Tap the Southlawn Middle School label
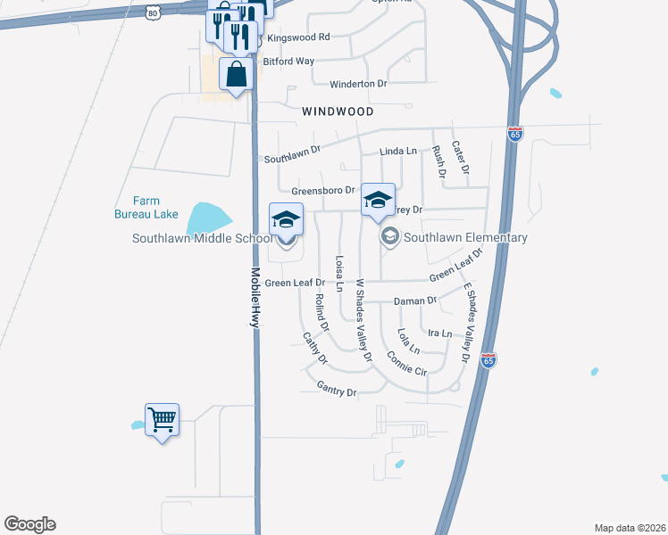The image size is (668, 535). click(x=202, y=238)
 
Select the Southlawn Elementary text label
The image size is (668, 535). click(x=465, y=237)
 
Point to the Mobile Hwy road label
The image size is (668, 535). click(x=255, y=298)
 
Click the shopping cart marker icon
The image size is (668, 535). click(x=162, y=418)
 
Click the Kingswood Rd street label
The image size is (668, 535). click(x=298, y=37)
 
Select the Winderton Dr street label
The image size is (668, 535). click(x=358, y=84)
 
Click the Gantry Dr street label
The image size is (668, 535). click(x=337, y=390)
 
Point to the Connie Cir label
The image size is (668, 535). click(x=407, y=362)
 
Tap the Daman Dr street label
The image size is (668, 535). click(x=415, y=301)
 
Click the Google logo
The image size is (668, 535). click(x=29, y=524)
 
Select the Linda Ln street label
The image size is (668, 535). click(x=398, y=152)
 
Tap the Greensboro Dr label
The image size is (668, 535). click(x=323, y=191)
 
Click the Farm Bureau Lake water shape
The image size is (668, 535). click(x=207, y=215)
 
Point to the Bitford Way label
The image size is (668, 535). click(x=288, y=62)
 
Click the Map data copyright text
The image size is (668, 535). click(x=630, y=528)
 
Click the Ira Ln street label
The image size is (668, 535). click(x=440, y=333)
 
